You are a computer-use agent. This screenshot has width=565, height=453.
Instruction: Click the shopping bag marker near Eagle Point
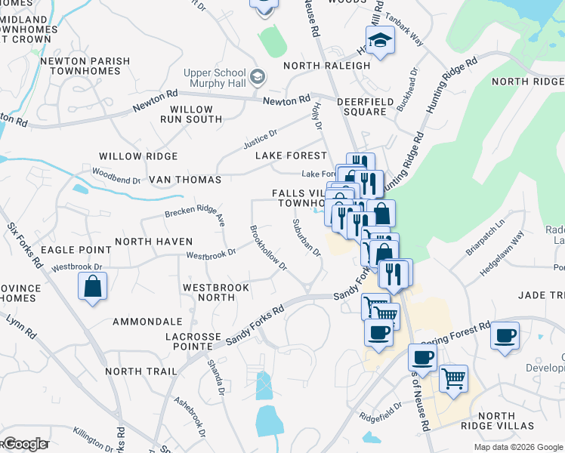click(x=92, y=286)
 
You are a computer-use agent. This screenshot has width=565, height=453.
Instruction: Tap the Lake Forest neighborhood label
click(x=290, y=156)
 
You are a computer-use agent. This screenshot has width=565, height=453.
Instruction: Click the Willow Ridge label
click(x=138, y=156)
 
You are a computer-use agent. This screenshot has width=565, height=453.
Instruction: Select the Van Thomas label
click(x=185, y=180)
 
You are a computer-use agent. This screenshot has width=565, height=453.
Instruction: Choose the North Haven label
click(x=150, y=242)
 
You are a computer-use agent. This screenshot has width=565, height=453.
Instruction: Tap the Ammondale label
click(x=147, y=322)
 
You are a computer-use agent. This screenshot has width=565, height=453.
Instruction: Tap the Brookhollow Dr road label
click(x=268, y=248)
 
